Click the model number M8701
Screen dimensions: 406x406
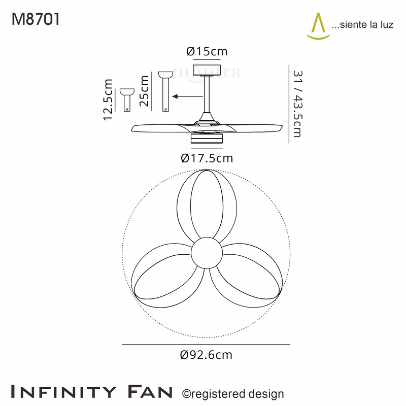click(36, 19)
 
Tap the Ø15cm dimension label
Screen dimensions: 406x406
click(207, 51)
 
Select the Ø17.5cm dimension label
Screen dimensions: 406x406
click(207, 158)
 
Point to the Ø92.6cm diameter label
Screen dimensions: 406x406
click(206, 355)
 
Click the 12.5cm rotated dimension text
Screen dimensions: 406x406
click(108, 99)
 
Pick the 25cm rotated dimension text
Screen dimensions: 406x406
click(144, 91)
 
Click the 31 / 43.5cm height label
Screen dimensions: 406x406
click(298, 104)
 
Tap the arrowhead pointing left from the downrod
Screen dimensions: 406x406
click(175, 96)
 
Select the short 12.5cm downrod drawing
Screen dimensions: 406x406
click(127, 100)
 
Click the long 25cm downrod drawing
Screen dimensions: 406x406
click(165, 91)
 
